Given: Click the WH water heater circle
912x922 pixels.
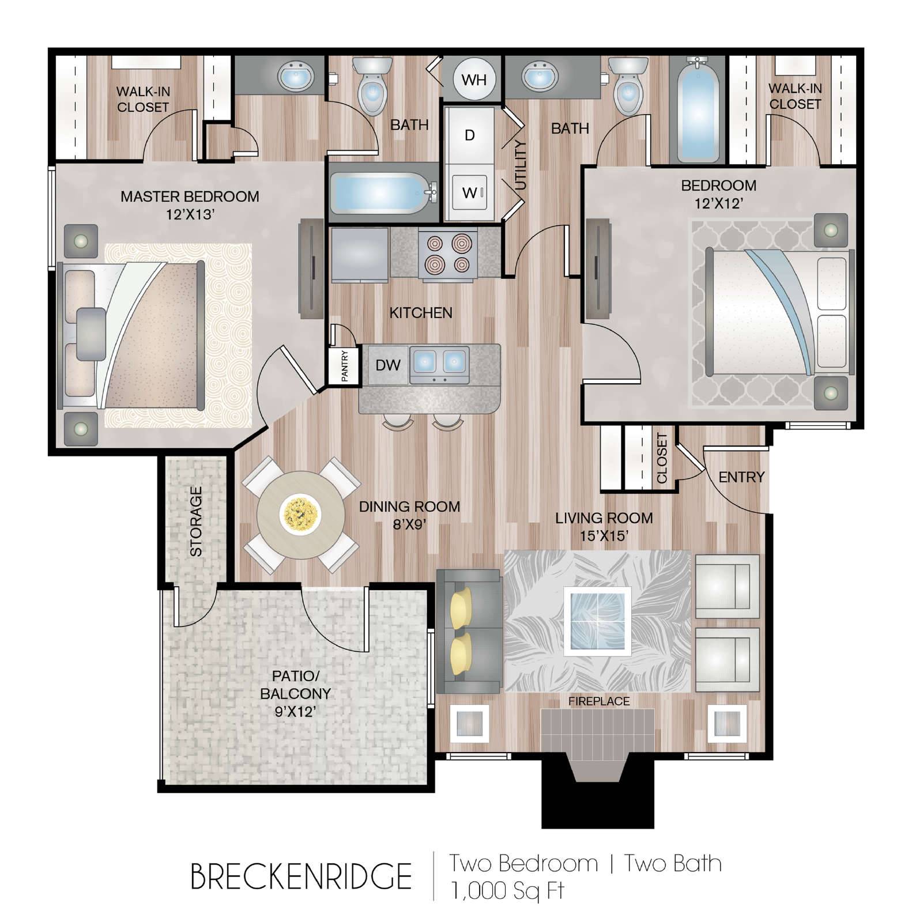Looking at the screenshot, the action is (474, 80).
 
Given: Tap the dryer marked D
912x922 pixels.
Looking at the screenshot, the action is (469, 135).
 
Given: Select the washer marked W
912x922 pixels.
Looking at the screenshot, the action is (469, 192).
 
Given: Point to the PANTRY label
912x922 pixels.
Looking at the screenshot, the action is (344, 366).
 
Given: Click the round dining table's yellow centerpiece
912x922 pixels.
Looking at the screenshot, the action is (300, 513).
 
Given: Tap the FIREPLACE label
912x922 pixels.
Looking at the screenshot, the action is (599, 701).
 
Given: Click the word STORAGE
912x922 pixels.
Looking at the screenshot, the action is (196, 521).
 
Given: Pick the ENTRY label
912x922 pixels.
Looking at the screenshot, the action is (741, 477).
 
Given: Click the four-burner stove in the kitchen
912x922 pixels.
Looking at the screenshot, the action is (448, 254).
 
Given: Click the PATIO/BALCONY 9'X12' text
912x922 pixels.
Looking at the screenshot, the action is (295, 694).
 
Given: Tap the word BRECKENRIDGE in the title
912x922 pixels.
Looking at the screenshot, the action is (301, 877).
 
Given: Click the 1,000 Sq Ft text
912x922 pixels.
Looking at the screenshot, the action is (507, 891).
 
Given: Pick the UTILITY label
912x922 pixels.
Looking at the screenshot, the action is (521, 165).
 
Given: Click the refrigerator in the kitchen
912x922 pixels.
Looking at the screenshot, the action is (359, 255).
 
